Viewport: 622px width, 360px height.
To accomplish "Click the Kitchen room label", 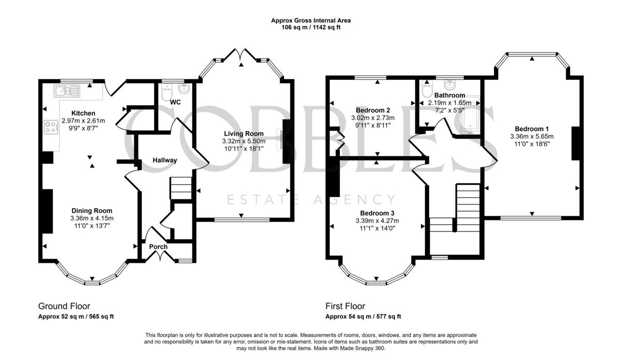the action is [83, 113].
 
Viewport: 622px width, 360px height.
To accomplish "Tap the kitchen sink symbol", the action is [67, 91].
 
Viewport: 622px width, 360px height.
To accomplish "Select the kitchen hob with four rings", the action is [51, 127].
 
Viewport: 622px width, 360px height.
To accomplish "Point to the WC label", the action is [175, 102].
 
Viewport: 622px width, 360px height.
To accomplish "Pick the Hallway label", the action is [165, 160].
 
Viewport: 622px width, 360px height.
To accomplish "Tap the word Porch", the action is [158, 247].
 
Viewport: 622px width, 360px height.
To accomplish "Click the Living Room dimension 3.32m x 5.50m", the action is [244, 141].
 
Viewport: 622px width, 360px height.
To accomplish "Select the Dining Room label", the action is [92, 211].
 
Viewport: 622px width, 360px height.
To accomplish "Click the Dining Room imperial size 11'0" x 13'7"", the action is [92, 226].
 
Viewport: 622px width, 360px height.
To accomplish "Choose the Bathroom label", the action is [449, 95].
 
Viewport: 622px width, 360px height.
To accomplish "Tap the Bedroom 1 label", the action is [532, 129].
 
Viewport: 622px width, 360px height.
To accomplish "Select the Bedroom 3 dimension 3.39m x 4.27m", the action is [377, 221].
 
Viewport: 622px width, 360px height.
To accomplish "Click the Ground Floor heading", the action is [64, 306].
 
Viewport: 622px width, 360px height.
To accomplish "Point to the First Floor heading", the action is [345, 306].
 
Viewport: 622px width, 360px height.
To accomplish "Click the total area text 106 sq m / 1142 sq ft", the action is [310, 27].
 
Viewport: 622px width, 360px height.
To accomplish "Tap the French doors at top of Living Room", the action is [241, 55].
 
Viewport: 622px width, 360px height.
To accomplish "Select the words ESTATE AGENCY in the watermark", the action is [312, 199].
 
